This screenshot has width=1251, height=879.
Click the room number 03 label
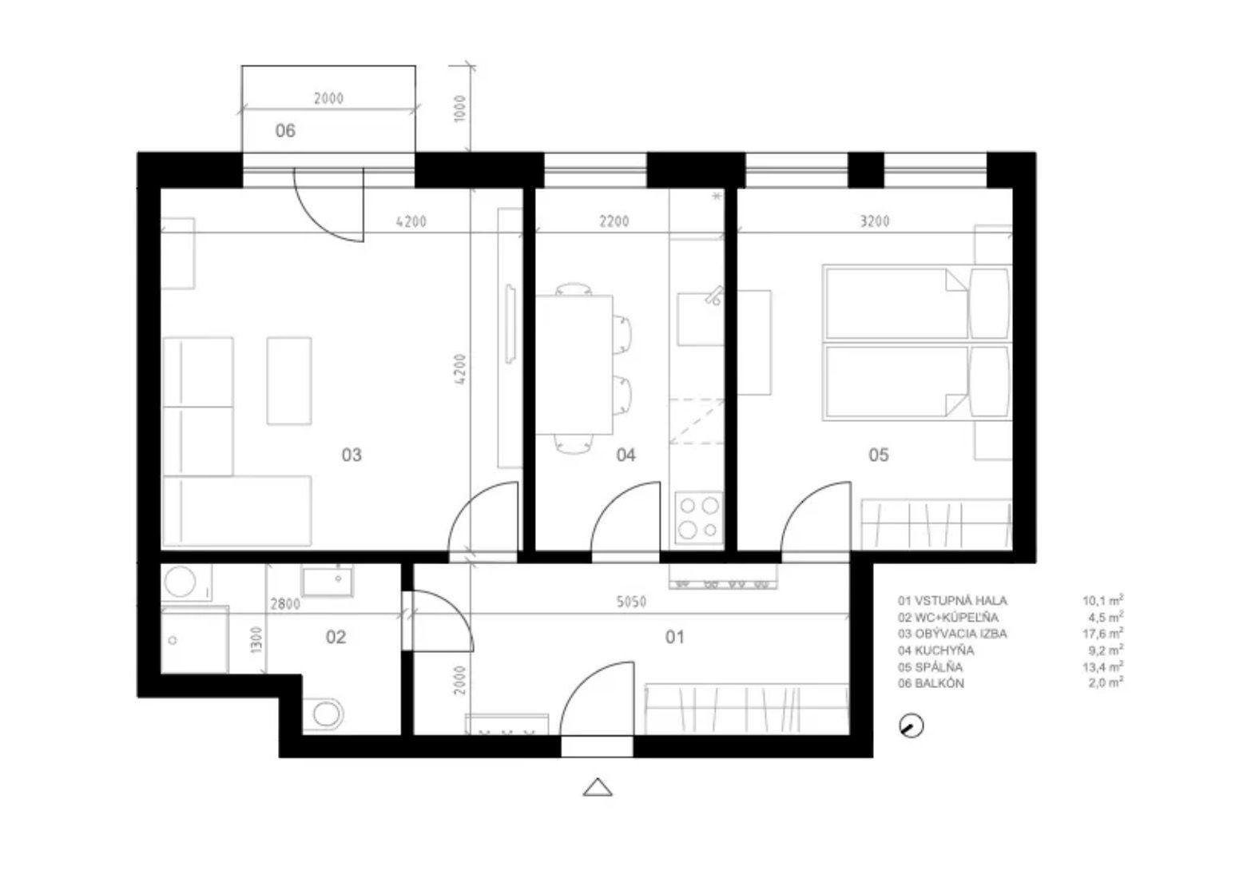coord(351,455)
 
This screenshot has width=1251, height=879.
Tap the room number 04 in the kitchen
coord(625,455)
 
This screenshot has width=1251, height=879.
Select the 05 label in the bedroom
coord(878,455)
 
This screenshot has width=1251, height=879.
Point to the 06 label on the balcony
coord(285,131)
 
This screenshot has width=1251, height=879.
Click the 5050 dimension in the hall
coord(631,602)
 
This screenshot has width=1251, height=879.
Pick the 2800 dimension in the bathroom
coord(285,604)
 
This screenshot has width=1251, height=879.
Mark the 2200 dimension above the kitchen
coord(614,222)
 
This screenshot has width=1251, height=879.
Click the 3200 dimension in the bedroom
coord(874,222)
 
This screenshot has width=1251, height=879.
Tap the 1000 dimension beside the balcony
coord(459,109)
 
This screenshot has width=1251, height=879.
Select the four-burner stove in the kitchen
coord(699,517)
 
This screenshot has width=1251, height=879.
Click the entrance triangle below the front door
coord(597,787)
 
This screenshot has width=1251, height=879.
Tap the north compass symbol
coord(911,726)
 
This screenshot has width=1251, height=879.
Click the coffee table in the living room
coord(288,380)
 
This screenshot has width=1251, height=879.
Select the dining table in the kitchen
coord(574,365)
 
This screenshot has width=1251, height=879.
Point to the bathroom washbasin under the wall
coord(328,582)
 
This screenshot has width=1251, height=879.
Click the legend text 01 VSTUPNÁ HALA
coord(952,601)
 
